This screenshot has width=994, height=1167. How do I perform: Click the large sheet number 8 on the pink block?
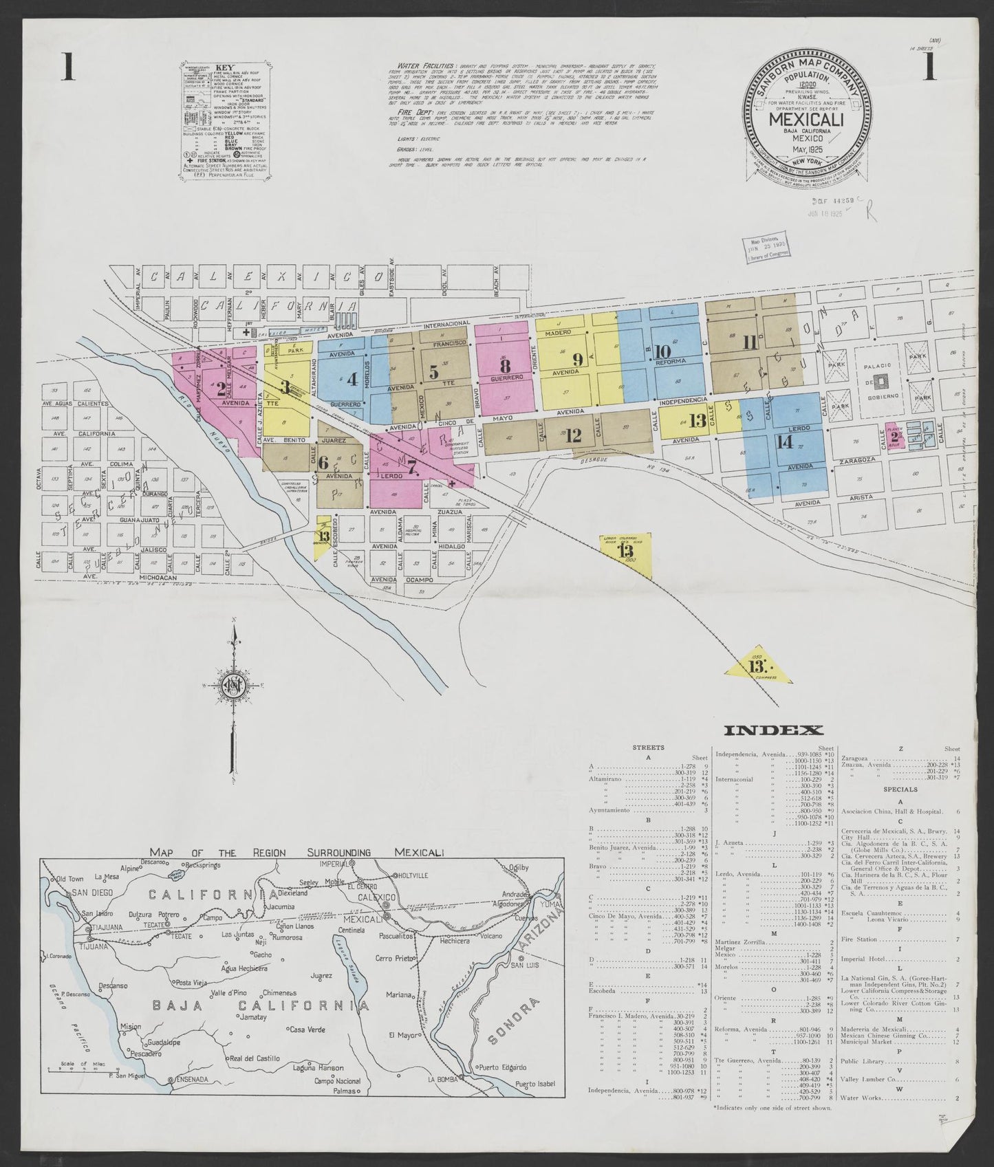(x=506, y=365)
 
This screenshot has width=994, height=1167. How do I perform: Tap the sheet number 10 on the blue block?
(x=662, y=349)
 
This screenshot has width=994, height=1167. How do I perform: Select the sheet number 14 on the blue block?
(x=784, y=442)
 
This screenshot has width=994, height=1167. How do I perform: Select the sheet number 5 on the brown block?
(x=433, y=372)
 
